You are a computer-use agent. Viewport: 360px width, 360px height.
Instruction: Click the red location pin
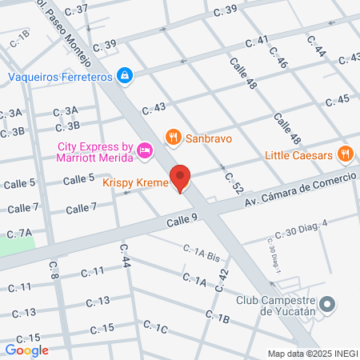(x=181, y=178)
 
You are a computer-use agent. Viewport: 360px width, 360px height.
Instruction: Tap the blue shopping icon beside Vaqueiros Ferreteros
(x=126, y=76)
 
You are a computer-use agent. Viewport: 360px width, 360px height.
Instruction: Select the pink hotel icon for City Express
(x=145, y=150)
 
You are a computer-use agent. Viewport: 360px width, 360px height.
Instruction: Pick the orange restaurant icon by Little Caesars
(x=345, y=154)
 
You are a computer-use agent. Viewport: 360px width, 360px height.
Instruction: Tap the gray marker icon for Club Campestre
(x=326, y=304)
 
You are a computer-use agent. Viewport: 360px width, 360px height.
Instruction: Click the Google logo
(x=26, y=350)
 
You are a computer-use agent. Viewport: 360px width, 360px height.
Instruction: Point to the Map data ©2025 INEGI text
(x=312, y=354)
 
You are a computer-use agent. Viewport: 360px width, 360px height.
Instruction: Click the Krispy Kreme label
(x=135, y=183)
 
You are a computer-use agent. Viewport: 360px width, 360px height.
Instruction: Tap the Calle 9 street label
(x=182, y=218)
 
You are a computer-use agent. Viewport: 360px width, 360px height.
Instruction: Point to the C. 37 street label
(x=75, y=8)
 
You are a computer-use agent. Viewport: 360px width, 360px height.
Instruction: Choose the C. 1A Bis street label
(x=200, y=254)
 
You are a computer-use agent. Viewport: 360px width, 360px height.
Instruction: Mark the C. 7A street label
(x=19, y=233)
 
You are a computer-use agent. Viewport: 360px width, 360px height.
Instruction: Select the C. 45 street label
(x=338, y=99)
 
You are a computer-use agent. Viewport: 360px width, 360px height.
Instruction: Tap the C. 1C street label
(x=155, y=326)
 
